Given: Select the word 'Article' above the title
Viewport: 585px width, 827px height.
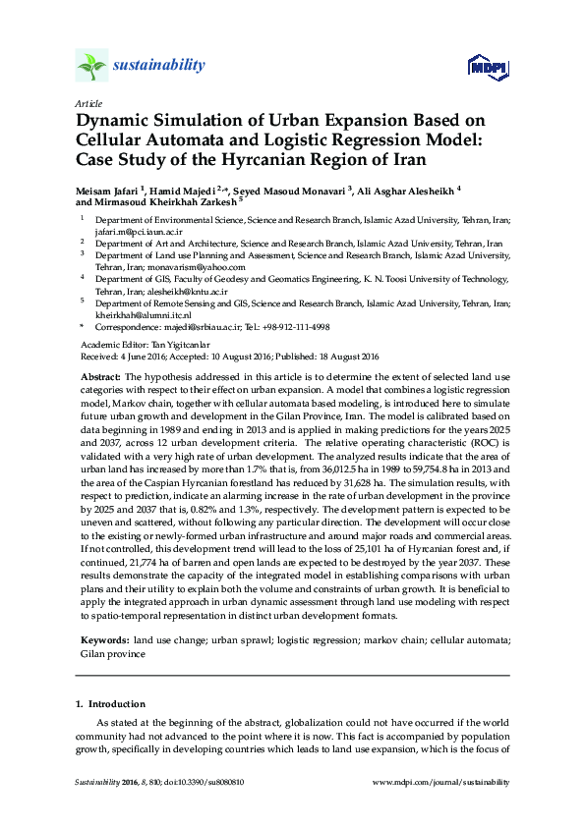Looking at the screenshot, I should tap(87, 102).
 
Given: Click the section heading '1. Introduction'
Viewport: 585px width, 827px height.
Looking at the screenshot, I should tap(110, 704).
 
